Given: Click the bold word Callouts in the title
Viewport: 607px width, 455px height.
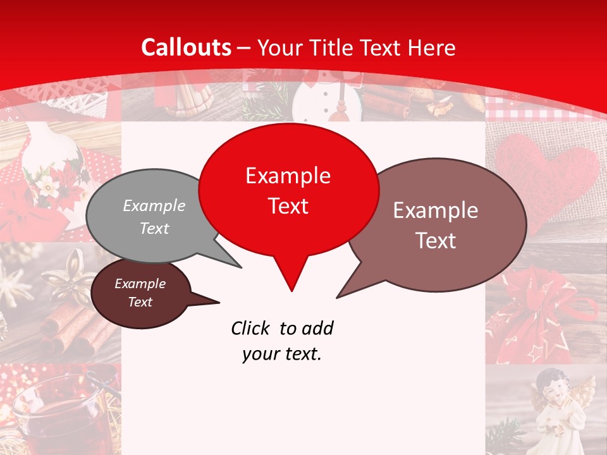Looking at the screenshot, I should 187,47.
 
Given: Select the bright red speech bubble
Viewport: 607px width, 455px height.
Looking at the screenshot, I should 288,190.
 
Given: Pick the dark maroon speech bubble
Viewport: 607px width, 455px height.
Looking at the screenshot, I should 140,293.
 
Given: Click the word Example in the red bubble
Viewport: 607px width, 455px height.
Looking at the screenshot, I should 288,176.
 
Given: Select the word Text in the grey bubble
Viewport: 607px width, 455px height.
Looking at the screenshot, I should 154,228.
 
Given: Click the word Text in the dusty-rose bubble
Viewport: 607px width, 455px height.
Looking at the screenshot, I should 436,240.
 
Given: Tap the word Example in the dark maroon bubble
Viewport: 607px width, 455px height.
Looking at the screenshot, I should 140,284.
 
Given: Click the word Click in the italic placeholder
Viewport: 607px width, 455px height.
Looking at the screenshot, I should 251,328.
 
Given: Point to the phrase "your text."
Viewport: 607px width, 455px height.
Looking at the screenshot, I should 282,354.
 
